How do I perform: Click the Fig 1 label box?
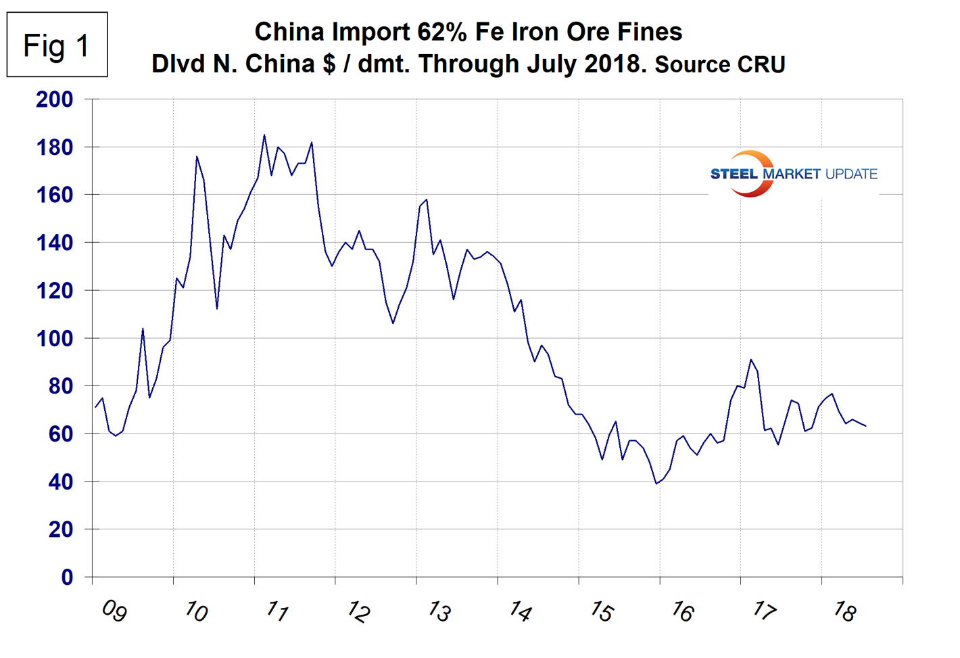click(x=57, y=45)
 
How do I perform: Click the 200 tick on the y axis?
click(x=54, y=99)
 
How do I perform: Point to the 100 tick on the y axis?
click(x=54, y=338)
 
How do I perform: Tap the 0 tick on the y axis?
click(x=66, y=577)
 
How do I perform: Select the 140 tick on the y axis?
click(x=54, y=243)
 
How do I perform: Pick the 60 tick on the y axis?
click(x=59, y=433)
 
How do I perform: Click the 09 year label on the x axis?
click(x=114, y=611)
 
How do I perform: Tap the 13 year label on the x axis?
click(x=438, y=611)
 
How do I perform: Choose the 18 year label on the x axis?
click(x=844, y=611)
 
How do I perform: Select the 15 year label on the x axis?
click(x=600, y=611)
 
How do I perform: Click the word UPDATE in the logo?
click(x=851, y=174)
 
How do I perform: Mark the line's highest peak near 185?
click(x=264, y=135)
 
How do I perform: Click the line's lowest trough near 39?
click(x=656, y=484)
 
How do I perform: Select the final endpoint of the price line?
click(x=866, y=426)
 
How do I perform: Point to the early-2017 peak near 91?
click(x=750, y=360)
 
